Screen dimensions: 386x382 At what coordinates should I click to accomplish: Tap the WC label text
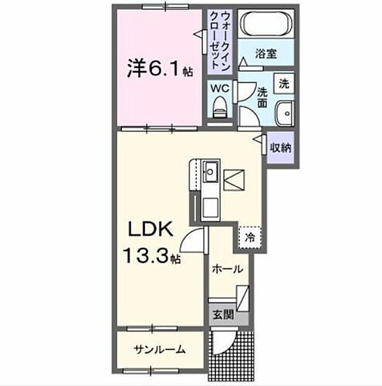[x=221, y=88]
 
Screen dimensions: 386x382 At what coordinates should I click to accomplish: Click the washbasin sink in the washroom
[x=285, y=111]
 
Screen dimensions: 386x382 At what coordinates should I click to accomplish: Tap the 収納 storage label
[x=280, y=147]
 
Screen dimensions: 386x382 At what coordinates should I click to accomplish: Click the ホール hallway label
[x=228, y=269]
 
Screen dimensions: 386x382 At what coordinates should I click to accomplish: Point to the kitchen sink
[x=211, y=171]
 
